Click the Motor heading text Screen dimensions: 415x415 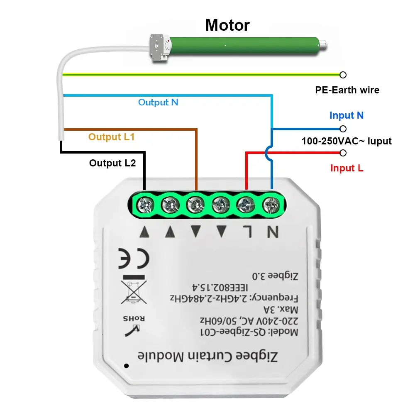point(227,25)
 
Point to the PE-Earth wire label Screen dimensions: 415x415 point(347,90)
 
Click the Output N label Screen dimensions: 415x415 point(158,102)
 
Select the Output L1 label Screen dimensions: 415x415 point(111,137)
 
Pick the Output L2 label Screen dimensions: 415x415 point(112,163)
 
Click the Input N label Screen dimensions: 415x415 point(347,115)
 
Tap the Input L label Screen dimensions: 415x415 point(347,168)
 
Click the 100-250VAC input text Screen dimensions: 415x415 point(347,141)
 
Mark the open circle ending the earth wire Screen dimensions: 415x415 point(343,75)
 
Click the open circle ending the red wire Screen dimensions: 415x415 point(343,153)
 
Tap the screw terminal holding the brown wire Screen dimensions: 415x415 point(195,203)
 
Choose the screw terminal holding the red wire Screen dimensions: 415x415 point(246,203)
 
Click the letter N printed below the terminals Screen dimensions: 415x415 point(272,232)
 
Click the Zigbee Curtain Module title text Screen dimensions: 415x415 point(207,356)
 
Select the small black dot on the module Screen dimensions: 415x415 point(126,366)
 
